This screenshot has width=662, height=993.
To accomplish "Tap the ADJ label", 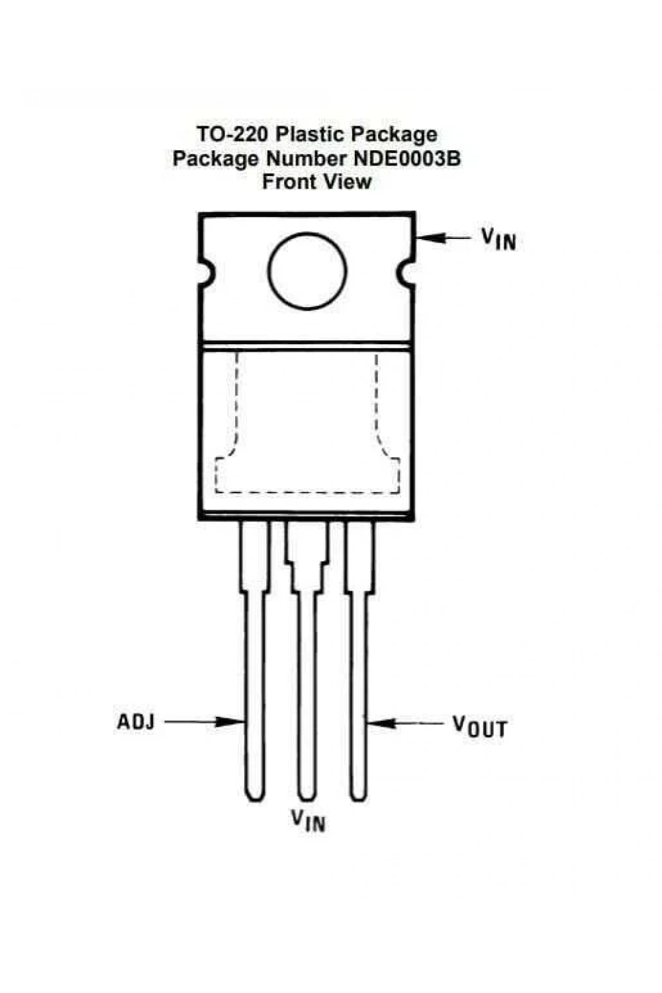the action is [136, 722].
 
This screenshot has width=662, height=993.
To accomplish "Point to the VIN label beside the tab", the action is [499, 240].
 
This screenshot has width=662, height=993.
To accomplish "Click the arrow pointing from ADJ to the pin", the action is [205, 722].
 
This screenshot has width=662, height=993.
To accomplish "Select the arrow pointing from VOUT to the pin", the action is [405, 724].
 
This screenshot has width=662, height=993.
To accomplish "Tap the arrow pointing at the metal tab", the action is [444, 238].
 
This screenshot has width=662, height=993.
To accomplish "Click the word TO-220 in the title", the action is [232, 134].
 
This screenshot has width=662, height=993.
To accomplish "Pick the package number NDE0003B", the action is [406, 158].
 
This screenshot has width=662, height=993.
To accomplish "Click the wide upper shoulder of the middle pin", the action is [307, 542].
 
